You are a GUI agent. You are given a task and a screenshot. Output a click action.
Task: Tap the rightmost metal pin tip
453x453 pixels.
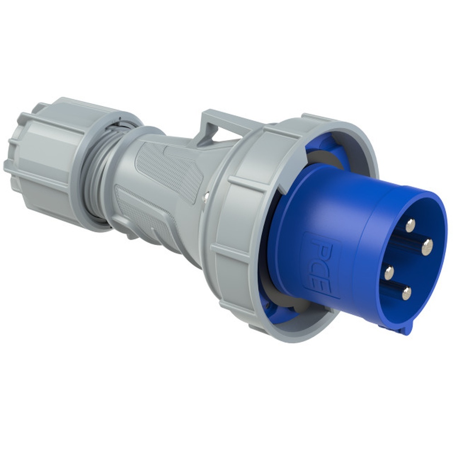pyautogui.click(x=427, y=247)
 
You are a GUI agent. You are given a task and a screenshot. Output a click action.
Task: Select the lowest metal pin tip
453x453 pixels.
pyautogui.click(x=406, y=293)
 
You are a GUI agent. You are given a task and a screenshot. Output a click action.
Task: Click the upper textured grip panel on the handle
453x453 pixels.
pyautogui.click(x=170, y=168)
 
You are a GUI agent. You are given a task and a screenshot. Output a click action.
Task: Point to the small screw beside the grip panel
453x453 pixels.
pyautogui.click(x=207, y=196)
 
